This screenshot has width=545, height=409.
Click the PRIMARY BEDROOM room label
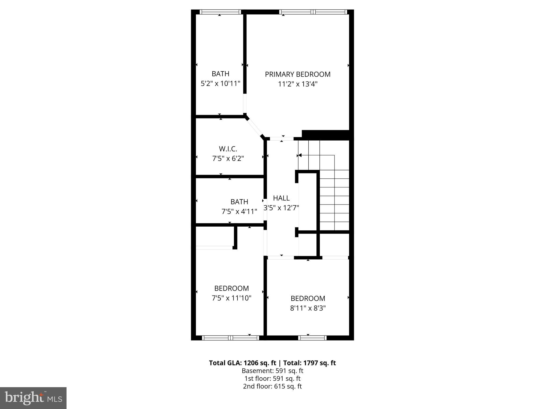[298, 74]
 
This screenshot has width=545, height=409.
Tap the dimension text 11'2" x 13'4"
[298, 84]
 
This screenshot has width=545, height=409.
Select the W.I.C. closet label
[228, 149]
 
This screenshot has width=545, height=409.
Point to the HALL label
[281, 198]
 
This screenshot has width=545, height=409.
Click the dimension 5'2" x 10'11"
[220, 84]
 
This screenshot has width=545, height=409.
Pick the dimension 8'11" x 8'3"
[308, 308]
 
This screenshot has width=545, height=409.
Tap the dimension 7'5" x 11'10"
[232, 298]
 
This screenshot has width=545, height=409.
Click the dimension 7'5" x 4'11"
[239, 212]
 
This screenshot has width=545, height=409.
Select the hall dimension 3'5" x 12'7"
[281, 208]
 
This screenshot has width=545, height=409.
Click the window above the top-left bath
[220, 12]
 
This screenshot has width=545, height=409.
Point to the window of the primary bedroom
[313, 12]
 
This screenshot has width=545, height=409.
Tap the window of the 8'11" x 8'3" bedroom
[312, 338]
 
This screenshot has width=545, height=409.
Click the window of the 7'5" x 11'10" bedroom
[230, 338]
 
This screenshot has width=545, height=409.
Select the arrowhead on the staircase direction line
[299, 155]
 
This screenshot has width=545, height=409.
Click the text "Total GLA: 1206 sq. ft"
[242, 363]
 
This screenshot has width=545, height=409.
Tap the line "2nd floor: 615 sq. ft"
[272, 386]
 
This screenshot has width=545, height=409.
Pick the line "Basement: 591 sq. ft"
[272, 371]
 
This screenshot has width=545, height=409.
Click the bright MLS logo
[33, 398]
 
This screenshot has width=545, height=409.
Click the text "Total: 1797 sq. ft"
[309, 363]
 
